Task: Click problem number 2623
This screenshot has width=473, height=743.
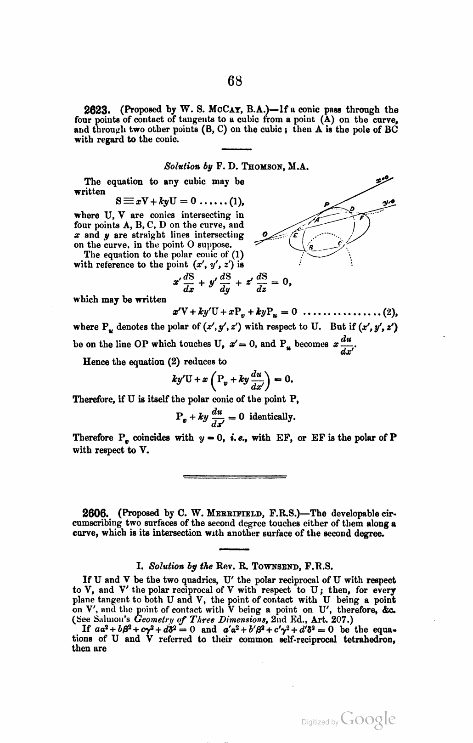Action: click(x=96, y=110)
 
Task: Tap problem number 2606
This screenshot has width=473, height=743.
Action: click(x=95, y=513)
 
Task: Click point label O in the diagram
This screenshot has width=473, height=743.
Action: click(x=265, y=234)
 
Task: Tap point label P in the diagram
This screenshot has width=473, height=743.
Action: click(x=327, y=204)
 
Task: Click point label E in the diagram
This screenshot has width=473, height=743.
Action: click(x=296, y=235)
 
